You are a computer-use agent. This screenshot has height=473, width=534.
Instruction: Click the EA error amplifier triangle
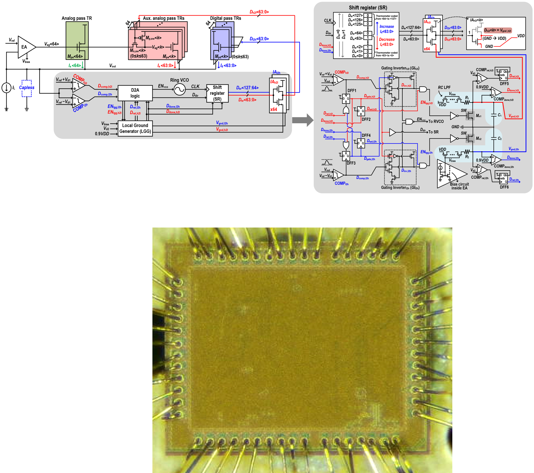(25, 47)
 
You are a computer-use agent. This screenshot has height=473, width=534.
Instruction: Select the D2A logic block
(135, 93)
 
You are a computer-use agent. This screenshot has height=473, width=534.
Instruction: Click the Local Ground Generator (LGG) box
(135, 128)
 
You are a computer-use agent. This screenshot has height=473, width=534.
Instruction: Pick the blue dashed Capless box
(27, 88)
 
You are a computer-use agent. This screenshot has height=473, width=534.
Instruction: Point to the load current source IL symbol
(7, 88)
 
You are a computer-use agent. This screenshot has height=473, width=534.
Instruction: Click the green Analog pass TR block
(77, 41)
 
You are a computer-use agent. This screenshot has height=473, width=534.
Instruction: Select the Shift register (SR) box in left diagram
(217, 93)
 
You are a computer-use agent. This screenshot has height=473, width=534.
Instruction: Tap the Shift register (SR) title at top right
(368, 8)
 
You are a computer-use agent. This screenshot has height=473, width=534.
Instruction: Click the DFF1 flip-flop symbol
(346, 99)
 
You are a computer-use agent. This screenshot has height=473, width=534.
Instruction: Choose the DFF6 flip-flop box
(503, 178)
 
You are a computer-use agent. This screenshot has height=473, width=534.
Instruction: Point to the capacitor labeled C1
(493, 115)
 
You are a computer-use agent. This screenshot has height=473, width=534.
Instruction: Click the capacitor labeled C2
(493, 138)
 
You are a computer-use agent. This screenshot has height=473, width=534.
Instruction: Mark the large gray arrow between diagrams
(303, 120)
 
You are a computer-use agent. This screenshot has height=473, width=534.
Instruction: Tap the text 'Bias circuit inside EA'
(459, 186)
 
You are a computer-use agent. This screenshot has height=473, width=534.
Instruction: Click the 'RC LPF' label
(444, 87)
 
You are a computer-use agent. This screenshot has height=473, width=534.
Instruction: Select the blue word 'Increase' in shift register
(387, 27)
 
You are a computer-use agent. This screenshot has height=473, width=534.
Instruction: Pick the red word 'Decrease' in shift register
(387, 40)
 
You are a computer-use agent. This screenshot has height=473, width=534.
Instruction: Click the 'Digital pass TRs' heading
(226, 18)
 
